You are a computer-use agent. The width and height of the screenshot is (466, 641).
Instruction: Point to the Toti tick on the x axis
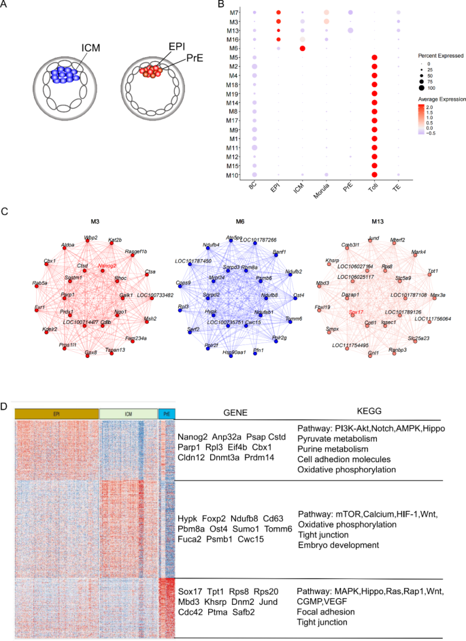373,192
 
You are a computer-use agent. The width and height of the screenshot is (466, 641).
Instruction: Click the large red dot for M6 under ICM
302,48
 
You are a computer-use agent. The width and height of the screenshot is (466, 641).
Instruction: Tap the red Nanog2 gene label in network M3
107,266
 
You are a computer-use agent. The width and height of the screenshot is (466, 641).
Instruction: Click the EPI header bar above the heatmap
56,413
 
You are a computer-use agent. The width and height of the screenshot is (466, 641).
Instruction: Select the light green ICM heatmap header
128,413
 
